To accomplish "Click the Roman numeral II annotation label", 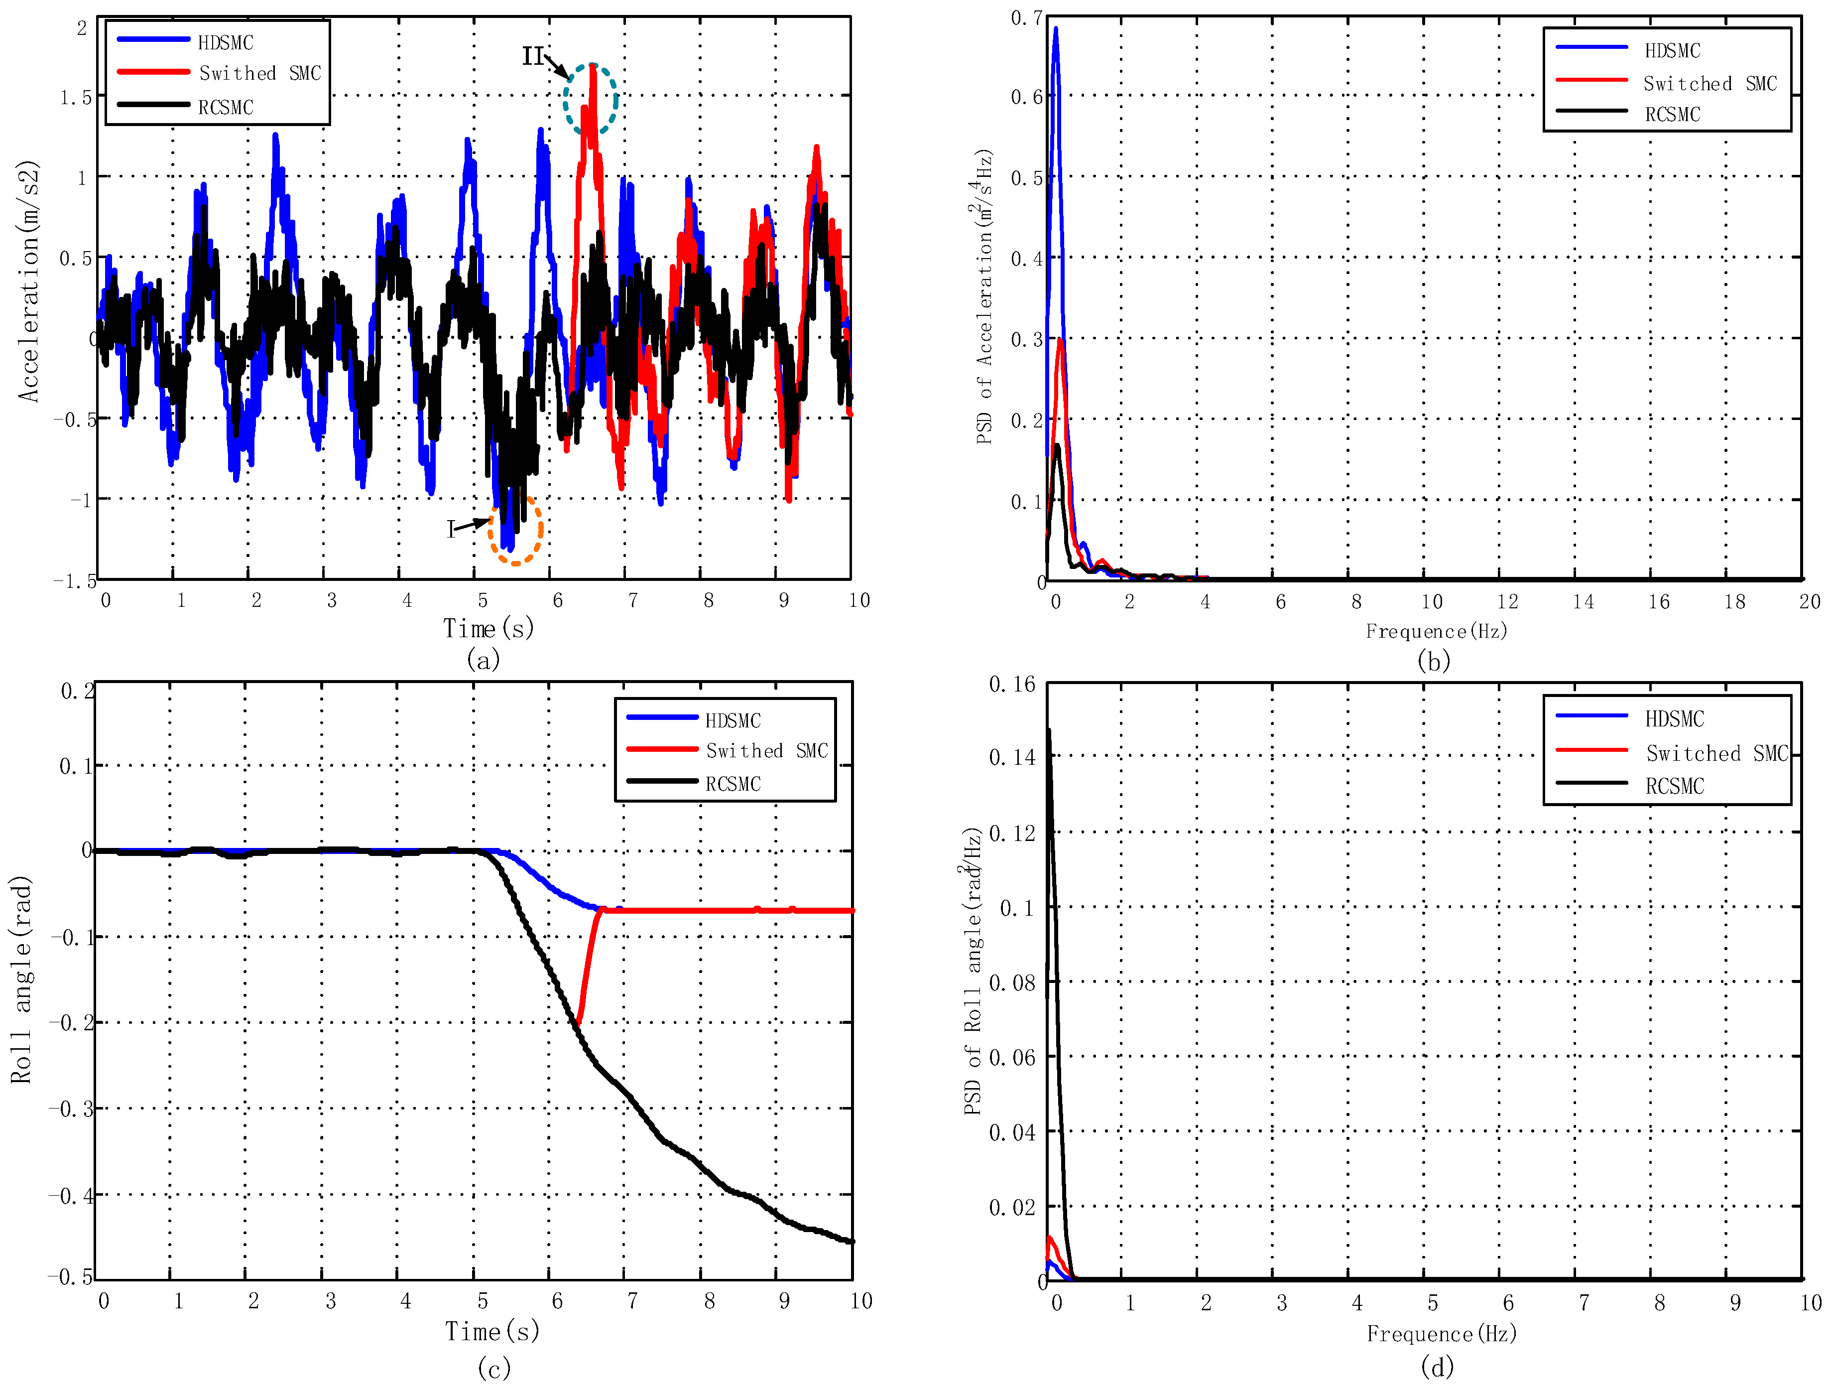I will [x=532, y=56].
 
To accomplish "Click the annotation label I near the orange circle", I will [x=451, y=529].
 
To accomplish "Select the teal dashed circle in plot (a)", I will [x=591, y=99].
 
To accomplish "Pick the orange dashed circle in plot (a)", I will [x=515, y=531].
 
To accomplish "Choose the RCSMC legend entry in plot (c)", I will [x=732, y=783].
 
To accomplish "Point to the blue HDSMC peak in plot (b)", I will [x=1055, y=30].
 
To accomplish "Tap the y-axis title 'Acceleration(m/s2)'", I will [x=29, y=281].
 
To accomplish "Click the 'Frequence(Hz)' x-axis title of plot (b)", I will [x=1436, y=631].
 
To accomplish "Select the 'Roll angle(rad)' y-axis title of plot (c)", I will [x=21, y=979].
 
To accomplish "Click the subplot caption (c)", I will [x=494, y=1368].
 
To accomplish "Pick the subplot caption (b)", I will [x=1434, y=661].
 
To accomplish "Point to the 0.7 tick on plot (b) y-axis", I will [x=1026, y=18].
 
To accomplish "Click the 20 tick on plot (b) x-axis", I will [x=1809, y=602].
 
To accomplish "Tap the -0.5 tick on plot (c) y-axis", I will [x=70, y=1277].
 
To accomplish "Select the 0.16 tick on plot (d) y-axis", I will [x=1011, y=685].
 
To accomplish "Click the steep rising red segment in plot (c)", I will [x=588, y=965].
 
